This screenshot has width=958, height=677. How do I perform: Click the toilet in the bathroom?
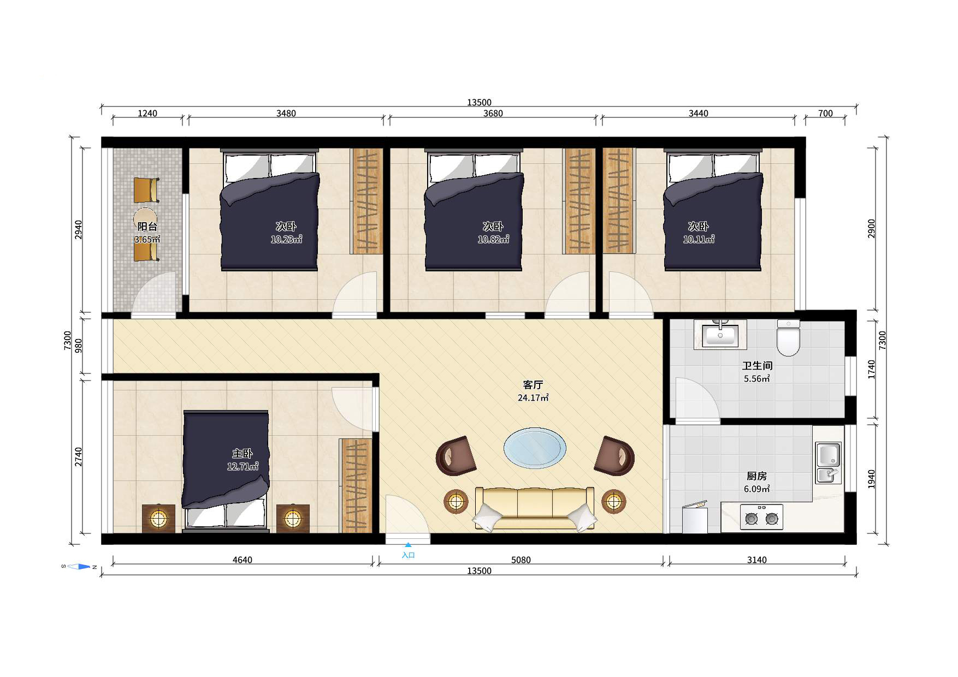(x=788, y=337)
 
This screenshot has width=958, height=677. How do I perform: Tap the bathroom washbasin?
(x=720, y=335)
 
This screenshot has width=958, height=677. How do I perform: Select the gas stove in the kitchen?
(x=761, y=517)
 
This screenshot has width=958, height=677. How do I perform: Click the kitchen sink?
(x=829, y=462)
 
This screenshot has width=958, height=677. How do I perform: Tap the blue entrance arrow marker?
(x=408, y=544)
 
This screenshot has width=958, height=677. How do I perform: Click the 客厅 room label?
(x=533, y=385)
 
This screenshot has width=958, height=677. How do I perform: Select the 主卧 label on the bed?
(x=243, y=454)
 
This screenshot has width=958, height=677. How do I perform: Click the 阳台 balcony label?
(x=147, y=227)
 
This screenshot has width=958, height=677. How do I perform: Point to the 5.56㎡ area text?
(x=757, y=378)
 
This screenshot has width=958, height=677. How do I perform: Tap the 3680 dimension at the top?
(x=493, y=113)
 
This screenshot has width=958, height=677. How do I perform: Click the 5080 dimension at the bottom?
(x=521, y=560)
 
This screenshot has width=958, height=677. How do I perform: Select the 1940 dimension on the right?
(x=871, y=479)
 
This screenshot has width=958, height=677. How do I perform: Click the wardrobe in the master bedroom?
(x=356, y=485)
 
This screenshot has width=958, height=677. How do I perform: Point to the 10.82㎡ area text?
(x=493, y=239)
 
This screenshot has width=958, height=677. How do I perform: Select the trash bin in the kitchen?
(x=695, y=516)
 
